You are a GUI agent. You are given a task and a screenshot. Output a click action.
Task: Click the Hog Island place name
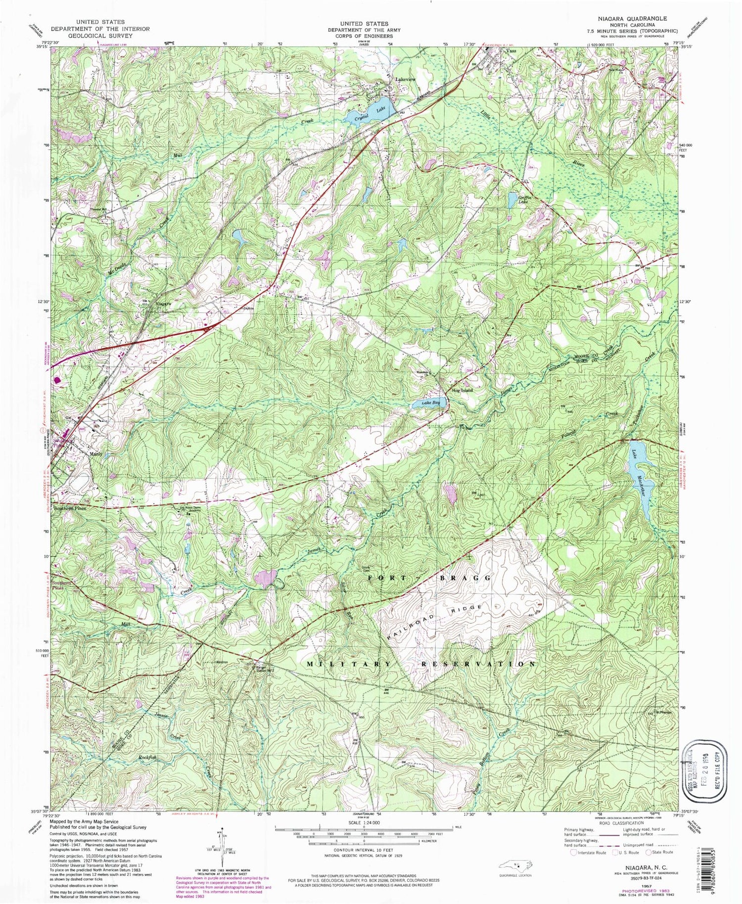(462, 390)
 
